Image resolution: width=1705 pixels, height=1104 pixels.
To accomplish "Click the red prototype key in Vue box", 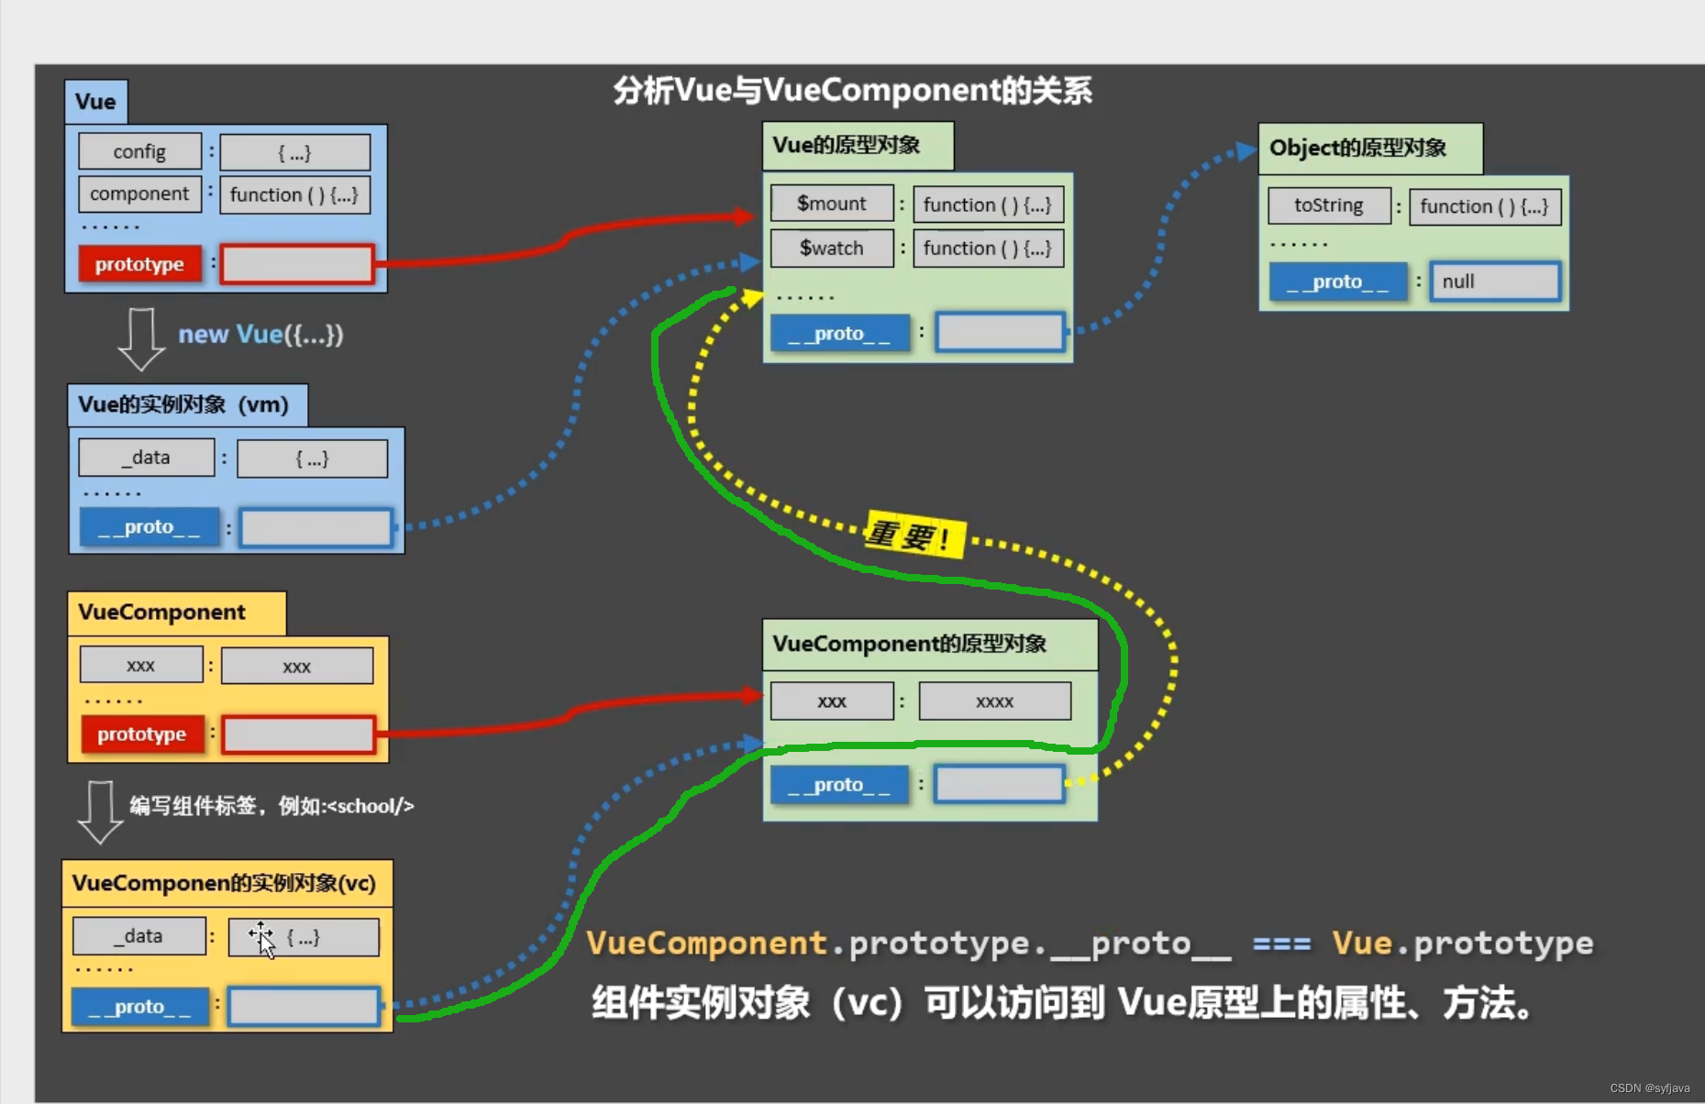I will tap(139, 264).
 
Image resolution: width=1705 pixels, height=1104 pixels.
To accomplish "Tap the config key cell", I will tap(139, 151).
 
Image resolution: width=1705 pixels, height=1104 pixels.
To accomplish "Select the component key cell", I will tap(139, 194).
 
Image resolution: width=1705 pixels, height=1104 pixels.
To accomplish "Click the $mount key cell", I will tap(831, 204).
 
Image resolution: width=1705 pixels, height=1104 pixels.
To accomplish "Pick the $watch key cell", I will tap(831, 248).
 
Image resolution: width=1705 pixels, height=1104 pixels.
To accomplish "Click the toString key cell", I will tap(1328, 205).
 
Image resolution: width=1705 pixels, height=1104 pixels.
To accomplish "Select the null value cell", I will tap(1494, 282).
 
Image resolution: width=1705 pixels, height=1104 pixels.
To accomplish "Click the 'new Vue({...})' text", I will tap(260, 335).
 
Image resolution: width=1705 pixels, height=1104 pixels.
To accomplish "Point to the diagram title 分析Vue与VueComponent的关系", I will tap(852, 91).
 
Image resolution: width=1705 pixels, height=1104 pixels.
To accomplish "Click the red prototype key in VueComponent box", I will tap(141, 734).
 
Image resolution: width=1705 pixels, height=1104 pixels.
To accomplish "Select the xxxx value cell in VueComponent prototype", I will tap(994, 701).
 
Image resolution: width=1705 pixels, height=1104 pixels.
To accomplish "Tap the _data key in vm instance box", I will tap(147, 458).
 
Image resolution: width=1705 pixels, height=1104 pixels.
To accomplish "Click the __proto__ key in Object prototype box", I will tap(1336, 282).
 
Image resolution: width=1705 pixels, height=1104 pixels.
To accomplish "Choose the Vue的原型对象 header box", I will tap(857, 146).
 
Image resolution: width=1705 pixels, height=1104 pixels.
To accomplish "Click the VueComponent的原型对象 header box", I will tap(928, 644).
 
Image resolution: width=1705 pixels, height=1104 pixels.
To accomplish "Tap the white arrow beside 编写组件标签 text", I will tap(100, 811).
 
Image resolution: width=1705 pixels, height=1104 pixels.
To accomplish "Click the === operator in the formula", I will tap(1281, 944).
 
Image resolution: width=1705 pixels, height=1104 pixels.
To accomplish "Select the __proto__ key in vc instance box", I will tap(139, 1007).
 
